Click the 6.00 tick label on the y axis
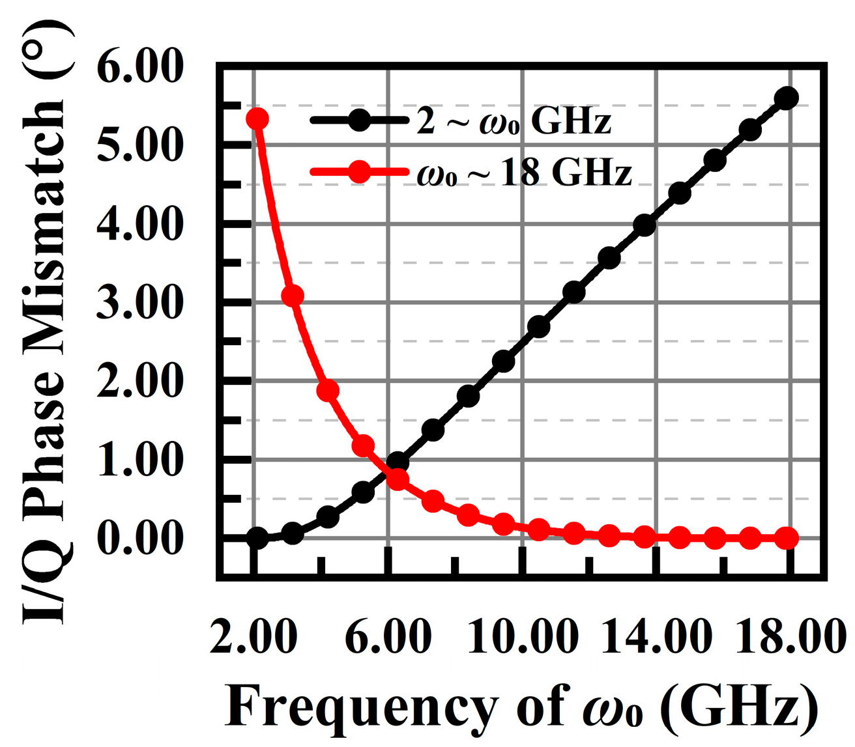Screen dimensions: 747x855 tap(138, 66)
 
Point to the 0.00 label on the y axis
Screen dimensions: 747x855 tap(138, 539)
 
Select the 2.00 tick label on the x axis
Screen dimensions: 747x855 tap(254, 636)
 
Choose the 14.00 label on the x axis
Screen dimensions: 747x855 tap(656, 636)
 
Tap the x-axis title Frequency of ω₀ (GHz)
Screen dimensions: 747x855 tap(521, 707)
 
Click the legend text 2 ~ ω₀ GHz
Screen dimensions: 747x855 tap(514, 121)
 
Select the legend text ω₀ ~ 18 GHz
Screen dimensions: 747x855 tap(524, 173)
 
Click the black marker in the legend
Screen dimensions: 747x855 tap(359, 120)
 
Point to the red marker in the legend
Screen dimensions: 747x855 tap(359, 173)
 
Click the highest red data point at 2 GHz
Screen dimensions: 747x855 tap(257, 119)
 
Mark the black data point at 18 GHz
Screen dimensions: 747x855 tap(787, 98)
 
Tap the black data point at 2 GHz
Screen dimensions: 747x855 tap(257, 538)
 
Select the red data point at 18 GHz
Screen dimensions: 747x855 tap(787, 538)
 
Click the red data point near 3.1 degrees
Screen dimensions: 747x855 tap(293, 296)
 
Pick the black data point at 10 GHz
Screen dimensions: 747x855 tap(504, 361)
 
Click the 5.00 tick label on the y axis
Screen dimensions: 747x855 tap(138, 145)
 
